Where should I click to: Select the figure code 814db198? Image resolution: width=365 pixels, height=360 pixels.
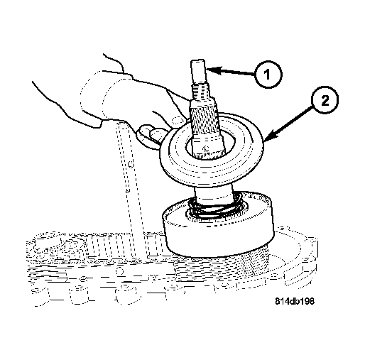coord(295,300)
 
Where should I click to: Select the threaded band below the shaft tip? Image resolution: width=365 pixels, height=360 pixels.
coord(202,93)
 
